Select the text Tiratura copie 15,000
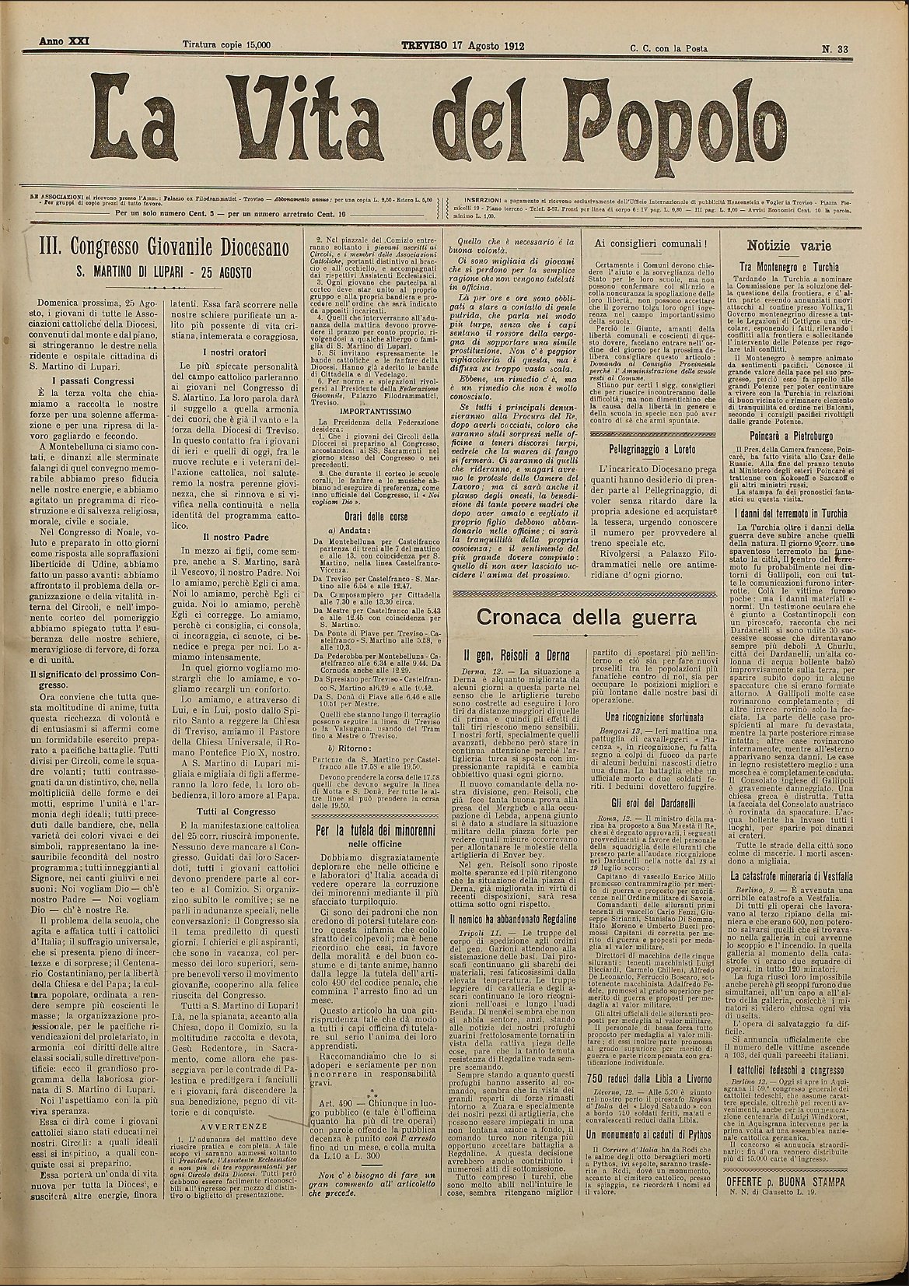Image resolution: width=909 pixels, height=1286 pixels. click(226, 46)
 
